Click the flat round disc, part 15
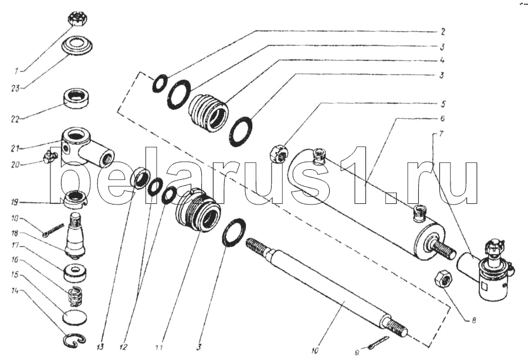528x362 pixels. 75,317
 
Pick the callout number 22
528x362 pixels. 15,119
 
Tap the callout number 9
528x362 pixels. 357,353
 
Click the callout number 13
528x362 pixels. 101,347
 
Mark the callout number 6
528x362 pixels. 442,119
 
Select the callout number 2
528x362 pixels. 443,32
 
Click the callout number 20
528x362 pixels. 16,165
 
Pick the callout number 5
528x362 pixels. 443,103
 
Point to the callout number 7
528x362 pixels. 441,133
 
